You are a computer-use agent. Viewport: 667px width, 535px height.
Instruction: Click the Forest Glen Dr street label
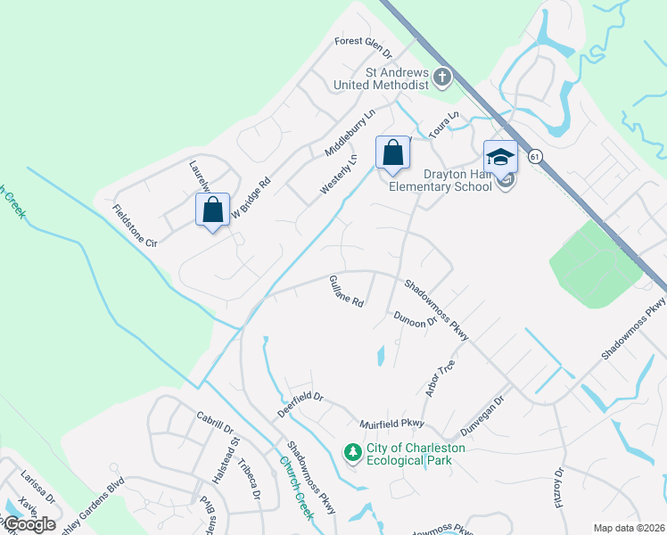click(x=368, y=41)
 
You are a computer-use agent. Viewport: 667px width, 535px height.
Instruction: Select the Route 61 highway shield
click(x=535, y=156)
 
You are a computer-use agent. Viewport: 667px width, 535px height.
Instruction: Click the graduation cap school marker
click(x=500, y=157)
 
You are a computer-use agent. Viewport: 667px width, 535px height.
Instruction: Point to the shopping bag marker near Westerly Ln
click(x=392, y=153)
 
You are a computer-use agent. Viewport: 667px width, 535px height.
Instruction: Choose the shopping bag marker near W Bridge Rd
click(x=212, y=210)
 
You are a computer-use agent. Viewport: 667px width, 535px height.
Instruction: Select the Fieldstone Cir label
click(x=135, y=227)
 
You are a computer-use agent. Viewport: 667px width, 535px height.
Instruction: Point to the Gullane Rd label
click(x=347, y=291)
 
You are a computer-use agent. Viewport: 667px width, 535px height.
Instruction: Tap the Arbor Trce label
click(x=441, y=377)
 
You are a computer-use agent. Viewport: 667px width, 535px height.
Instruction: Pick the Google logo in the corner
click(x=29, y=524)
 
